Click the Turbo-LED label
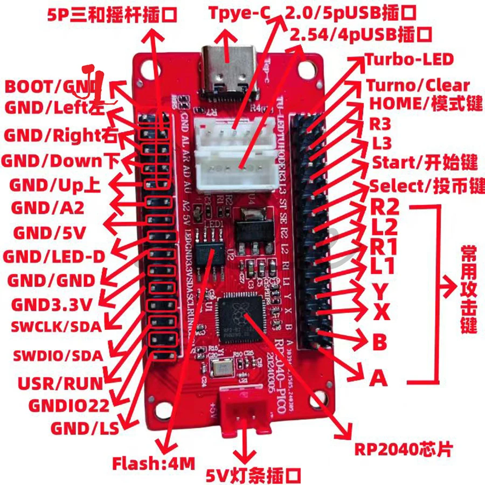pos(409,59)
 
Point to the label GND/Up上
pos(54,185)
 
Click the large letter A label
pos(378,379)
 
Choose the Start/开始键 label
pos(425,162)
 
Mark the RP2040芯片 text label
pos(403,449)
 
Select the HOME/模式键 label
pos(425,103)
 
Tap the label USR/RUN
pos(60,384)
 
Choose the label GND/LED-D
pos(54,257)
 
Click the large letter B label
pos(379,342)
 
